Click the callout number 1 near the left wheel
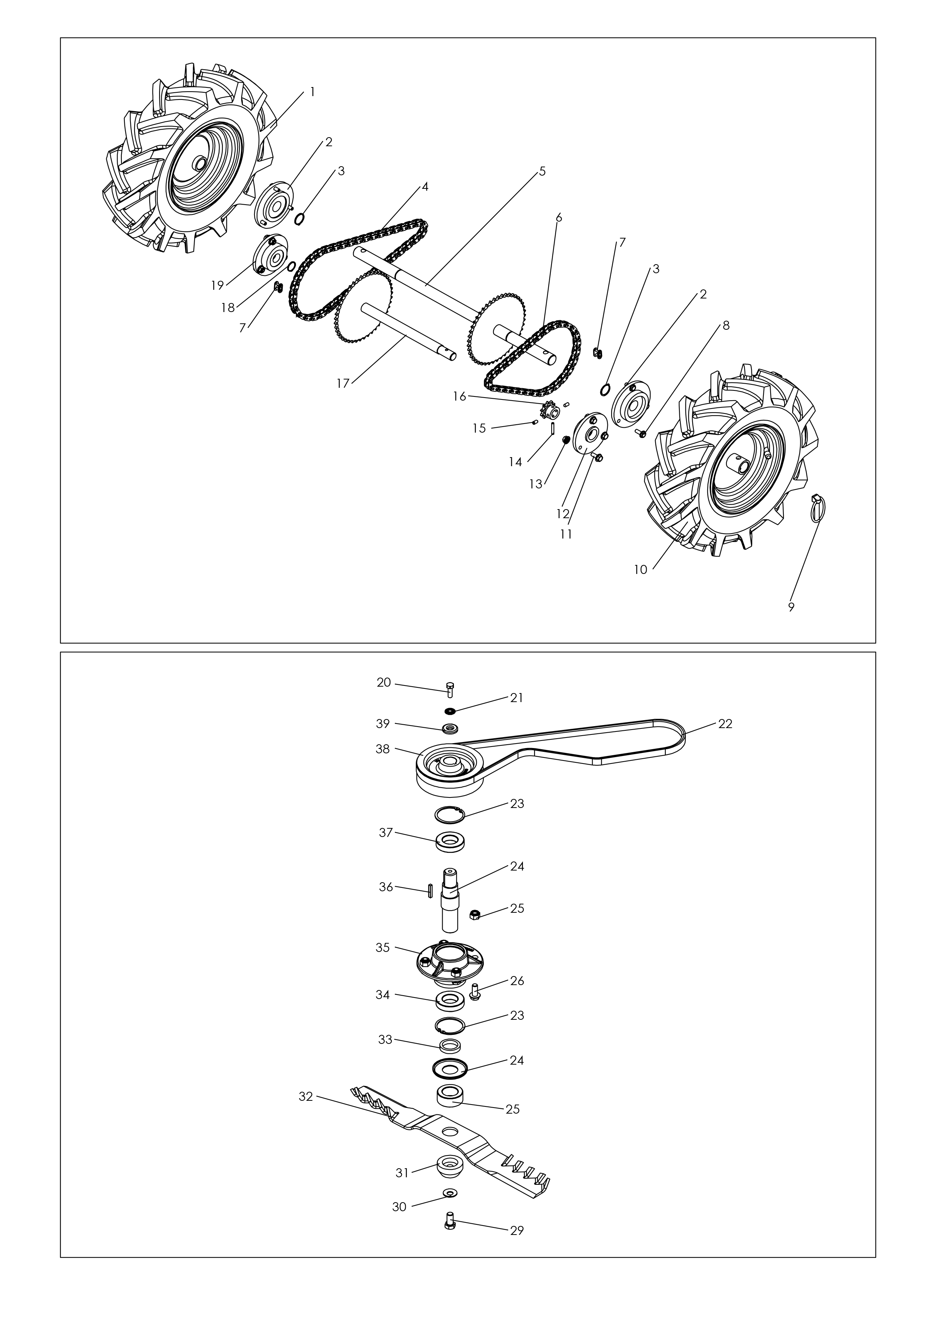(x=312, y=92)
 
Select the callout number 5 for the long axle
(x=542, y=171)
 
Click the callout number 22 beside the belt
(x=725, y=724)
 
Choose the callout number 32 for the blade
(x=306, y=1097)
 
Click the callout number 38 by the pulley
(x=383, y=749)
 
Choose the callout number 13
(x=536, y=484)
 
